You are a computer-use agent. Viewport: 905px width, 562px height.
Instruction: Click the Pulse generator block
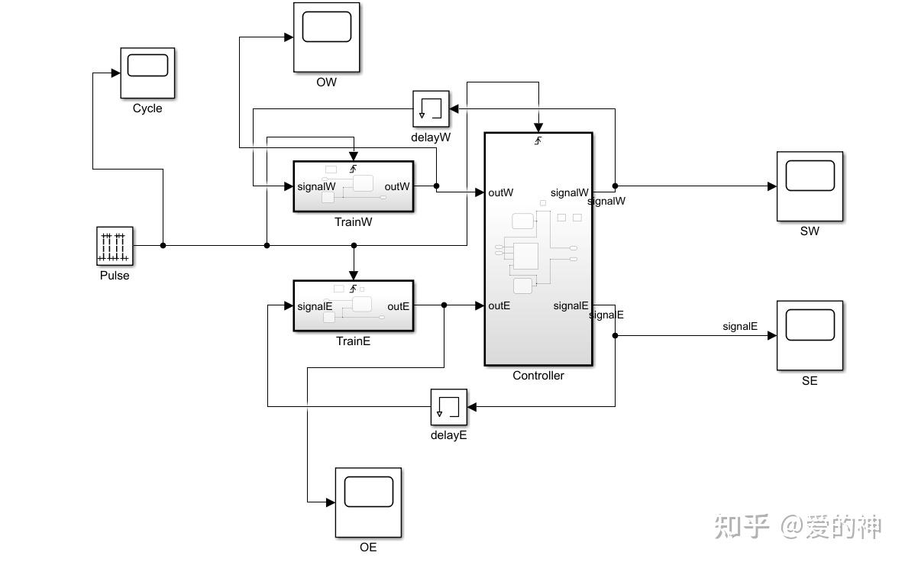(115, 245)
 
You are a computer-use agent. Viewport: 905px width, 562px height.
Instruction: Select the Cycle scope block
(147, 73)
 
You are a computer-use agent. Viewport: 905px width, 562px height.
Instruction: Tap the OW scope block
(326, 37)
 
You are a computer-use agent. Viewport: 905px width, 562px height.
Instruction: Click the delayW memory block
(431, 109)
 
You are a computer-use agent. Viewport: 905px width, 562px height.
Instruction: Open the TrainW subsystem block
(353, 186)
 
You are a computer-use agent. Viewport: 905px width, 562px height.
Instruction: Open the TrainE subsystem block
(353, 306)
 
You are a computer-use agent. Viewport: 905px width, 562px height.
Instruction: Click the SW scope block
(810, 186)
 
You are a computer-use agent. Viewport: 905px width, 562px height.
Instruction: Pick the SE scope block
(810, 335)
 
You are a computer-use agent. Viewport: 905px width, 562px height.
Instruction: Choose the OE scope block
(368, 502)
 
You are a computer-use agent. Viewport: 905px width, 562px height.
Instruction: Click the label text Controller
(538, 376)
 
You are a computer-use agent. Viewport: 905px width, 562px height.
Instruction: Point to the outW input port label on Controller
(501, 192)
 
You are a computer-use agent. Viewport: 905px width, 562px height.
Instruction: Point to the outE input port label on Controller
(499, 305)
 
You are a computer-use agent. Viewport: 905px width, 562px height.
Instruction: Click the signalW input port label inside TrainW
(316, 186)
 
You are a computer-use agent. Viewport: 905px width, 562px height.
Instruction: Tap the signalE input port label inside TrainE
(315, 306)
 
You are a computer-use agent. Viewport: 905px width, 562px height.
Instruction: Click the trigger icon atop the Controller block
(538, 140)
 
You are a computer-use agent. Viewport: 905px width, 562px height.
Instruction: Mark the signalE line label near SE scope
(739, 326)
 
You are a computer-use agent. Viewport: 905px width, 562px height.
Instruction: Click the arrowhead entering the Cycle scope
(115, 73)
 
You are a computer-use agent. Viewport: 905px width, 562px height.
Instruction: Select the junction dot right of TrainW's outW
(436, 186)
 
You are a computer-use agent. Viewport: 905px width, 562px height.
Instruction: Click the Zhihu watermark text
(798, 527)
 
